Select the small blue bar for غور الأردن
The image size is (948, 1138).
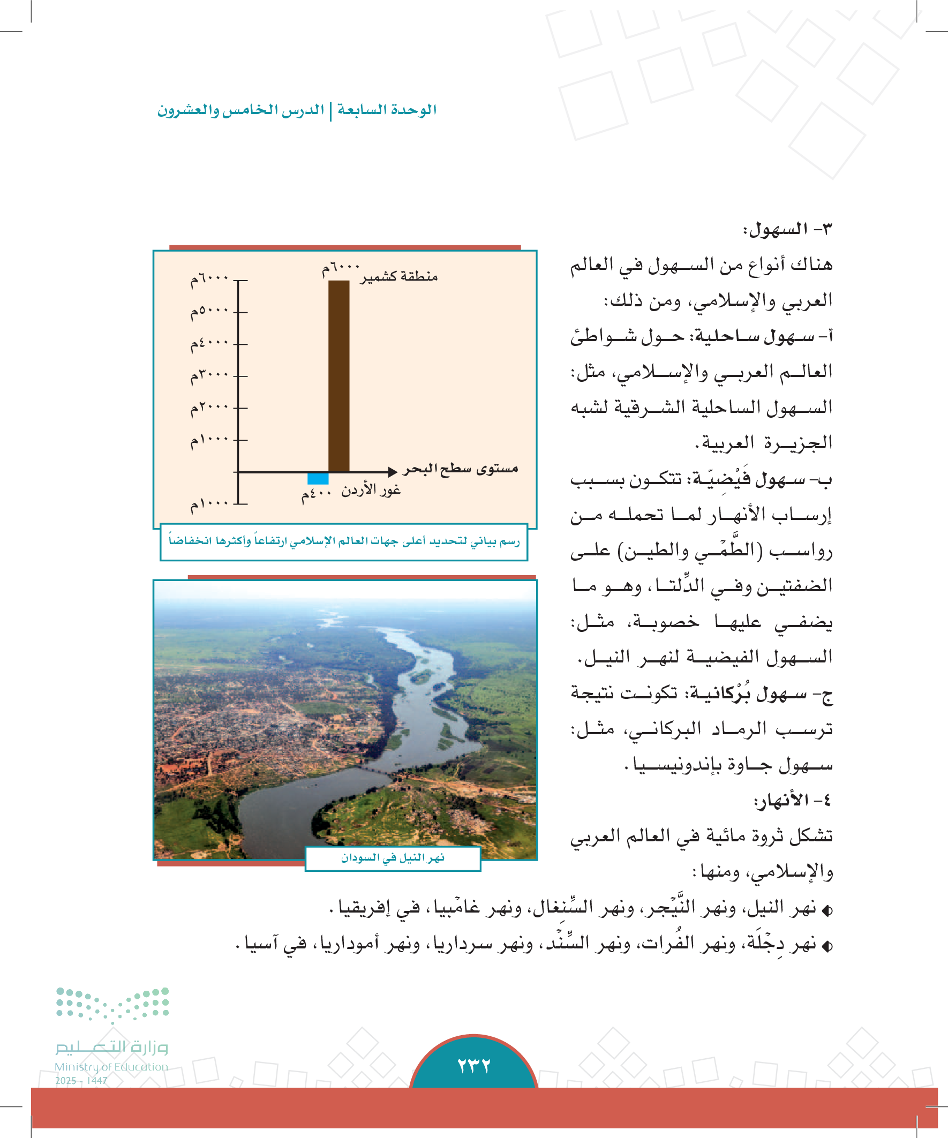318,479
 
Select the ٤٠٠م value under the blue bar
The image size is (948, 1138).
316,494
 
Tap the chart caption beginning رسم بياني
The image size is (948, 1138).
344,541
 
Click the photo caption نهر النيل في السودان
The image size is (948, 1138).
393,858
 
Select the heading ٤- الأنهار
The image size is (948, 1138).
793,801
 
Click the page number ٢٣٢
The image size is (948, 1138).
473,1065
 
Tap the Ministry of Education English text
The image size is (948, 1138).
111,1066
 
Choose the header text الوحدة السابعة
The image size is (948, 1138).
387,110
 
